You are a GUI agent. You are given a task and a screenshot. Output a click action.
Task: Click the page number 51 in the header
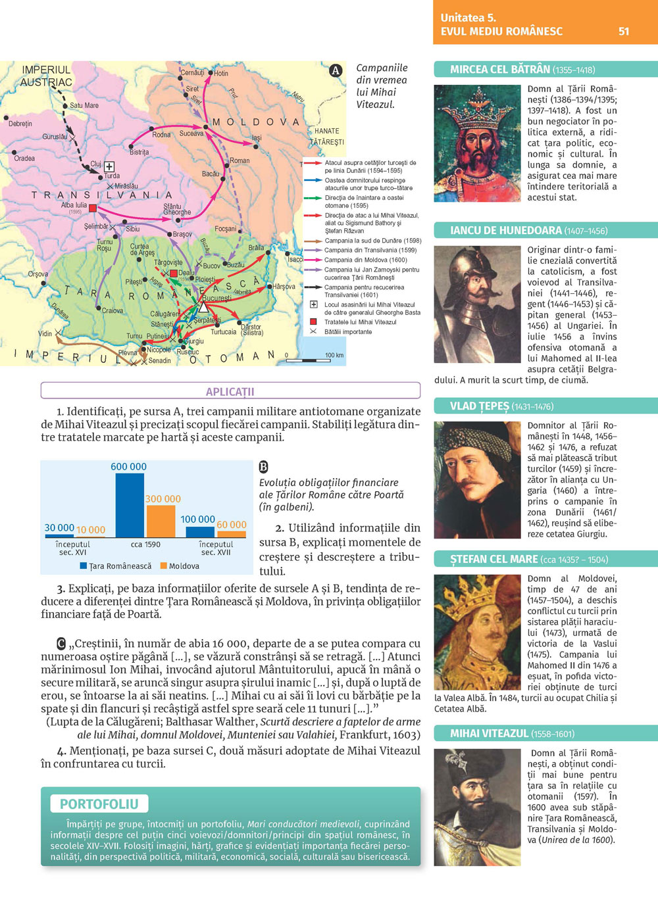(624, 31)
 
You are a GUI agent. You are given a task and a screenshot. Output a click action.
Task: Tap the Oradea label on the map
(24, 158)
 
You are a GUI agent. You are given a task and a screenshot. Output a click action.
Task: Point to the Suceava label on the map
(191, 133)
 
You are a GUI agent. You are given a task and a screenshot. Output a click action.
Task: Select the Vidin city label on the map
(45, 333)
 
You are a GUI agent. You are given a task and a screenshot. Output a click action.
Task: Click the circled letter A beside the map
(336, 70)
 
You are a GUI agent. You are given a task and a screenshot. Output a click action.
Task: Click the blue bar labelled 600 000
(130, 505)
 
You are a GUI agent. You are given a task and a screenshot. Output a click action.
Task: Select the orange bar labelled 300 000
(161, 521)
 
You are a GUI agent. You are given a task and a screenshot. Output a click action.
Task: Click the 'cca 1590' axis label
(145, 544)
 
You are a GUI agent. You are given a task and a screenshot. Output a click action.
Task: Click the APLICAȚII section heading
(230, 391)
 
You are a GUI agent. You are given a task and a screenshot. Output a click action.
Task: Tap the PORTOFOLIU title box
(99, 804)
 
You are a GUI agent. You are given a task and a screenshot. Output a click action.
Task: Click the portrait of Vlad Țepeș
(477, 480)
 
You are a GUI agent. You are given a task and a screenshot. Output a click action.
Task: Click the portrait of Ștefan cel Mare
(477, 633)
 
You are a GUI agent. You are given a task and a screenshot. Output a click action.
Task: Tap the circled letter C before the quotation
(61, 643)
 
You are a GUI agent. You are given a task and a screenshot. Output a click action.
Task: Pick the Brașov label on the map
(182, 234)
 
